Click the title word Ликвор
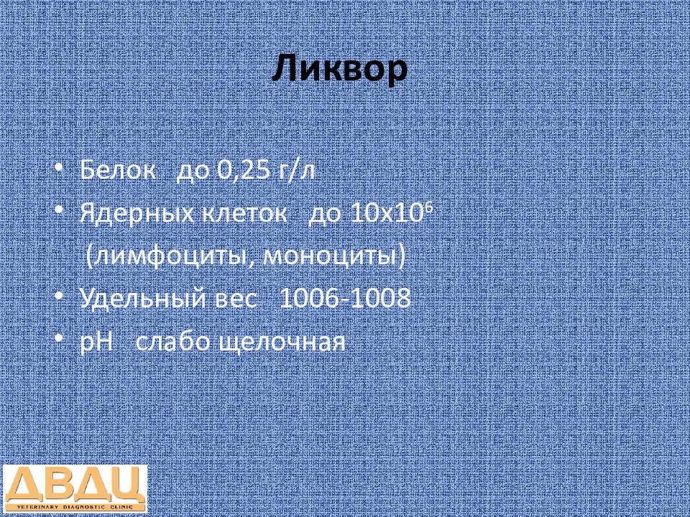point(340,70)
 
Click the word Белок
point(118,171)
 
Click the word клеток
point(244,214)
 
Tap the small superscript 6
point(430,209)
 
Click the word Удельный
point(143,299)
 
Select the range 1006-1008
point(345,299)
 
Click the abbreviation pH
point(97,343)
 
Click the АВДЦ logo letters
point(75,485)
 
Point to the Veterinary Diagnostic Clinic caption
point(75,507)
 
